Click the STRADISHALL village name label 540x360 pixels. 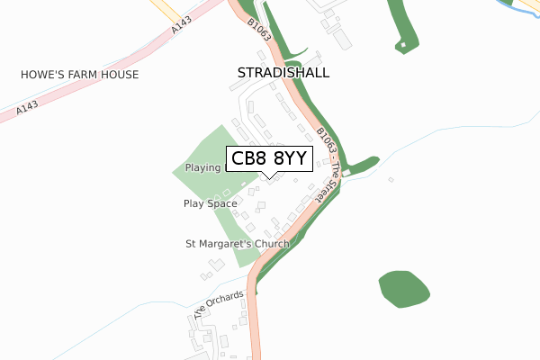(x=283, y=72)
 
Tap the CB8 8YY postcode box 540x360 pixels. (x=270, y=159)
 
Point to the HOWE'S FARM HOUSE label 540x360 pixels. (x=80, y=76)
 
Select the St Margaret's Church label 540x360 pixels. (x=238, y=244)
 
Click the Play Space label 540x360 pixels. (x=210, y=204)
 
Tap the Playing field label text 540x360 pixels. (x=203, y=168)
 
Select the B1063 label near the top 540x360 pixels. (x=260, y=33)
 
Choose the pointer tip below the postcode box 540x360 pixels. (x=269, y=175)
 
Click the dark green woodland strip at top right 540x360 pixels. (x=401, y=22)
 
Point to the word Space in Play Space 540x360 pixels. (x=222, y=204)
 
